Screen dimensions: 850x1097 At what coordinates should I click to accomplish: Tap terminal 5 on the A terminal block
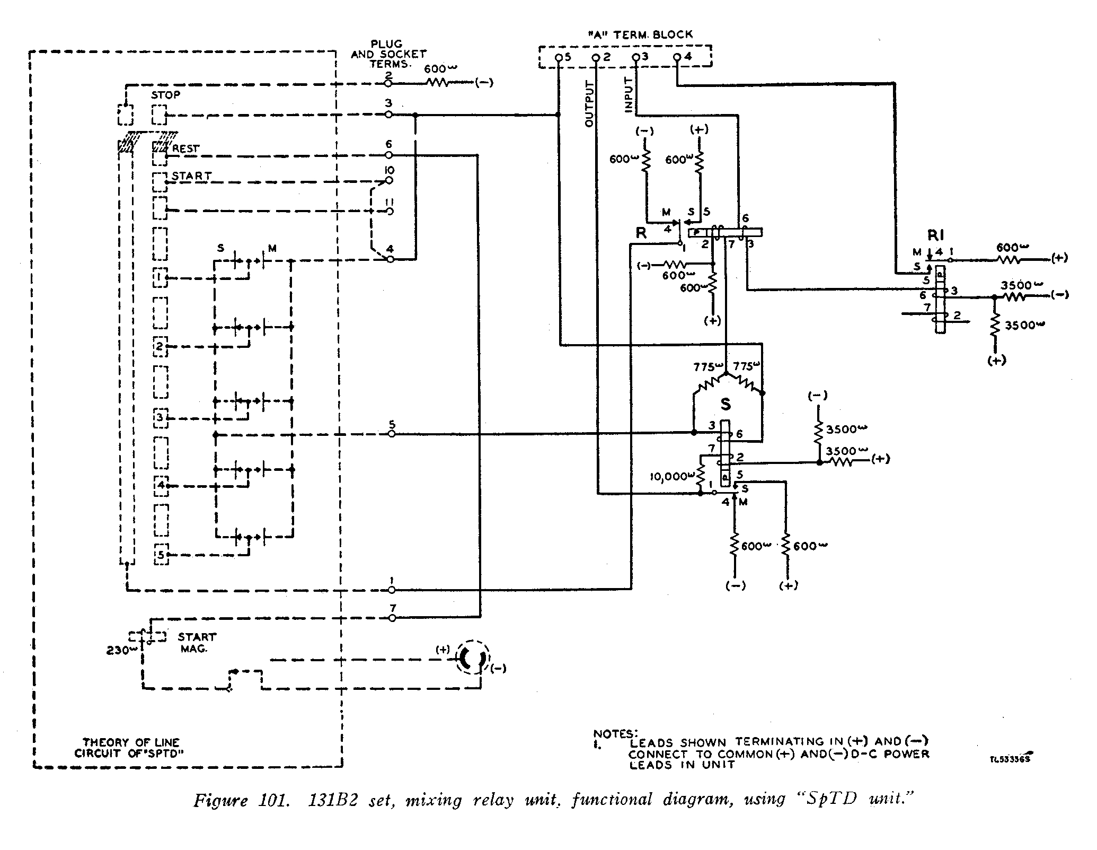coord(558,57)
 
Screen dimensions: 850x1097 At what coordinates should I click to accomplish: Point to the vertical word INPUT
coord(629,95)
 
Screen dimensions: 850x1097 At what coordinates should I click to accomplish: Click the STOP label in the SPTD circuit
coord(165,95)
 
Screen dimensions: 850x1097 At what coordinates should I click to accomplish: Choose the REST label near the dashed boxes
coord(185,149)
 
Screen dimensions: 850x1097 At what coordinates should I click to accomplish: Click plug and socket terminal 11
coord(390,211)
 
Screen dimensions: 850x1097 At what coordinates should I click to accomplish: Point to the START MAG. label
coord(197,642)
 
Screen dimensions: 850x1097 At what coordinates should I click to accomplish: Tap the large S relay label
coord(726,405)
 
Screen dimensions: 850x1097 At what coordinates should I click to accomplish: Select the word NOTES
coord(615,734)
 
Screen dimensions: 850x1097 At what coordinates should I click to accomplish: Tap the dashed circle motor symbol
coord(471,658)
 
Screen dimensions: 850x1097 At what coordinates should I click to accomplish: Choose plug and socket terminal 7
coord(392,618)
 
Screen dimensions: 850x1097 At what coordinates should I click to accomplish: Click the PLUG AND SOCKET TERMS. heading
coord(388,54)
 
